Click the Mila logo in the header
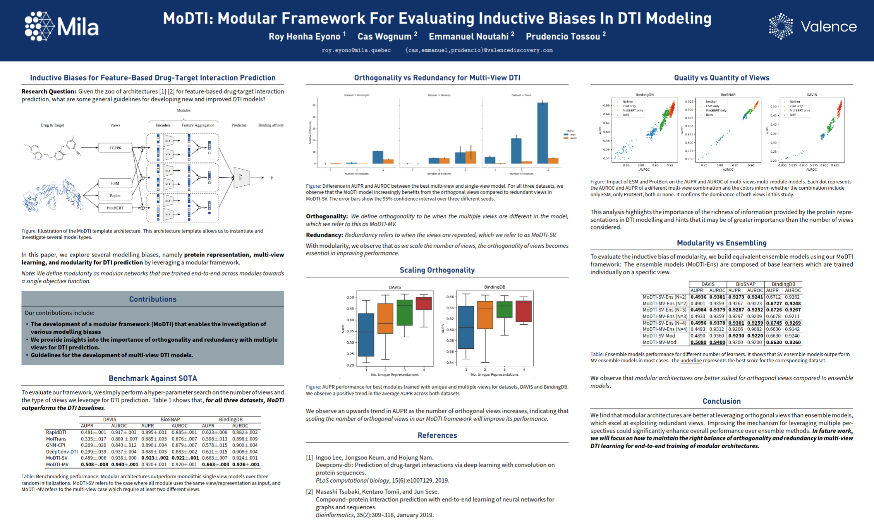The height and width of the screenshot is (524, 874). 62,26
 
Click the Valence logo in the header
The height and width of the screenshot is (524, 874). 812,26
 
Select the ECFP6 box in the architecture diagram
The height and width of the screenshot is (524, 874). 115,148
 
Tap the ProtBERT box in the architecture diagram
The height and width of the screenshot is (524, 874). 115,208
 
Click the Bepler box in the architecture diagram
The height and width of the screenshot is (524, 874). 115,195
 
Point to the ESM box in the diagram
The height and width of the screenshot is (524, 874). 115,183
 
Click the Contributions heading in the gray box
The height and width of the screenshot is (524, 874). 153,299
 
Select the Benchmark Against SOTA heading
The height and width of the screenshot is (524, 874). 153,378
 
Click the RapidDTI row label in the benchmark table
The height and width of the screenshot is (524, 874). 56,432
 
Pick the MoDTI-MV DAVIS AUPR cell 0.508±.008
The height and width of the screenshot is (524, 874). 94,464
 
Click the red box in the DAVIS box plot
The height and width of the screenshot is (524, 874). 424,303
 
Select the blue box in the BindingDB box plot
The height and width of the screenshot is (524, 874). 466,327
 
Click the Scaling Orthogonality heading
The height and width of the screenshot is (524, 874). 437,270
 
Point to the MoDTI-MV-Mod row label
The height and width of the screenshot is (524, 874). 659,342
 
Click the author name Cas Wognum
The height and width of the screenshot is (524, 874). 384,36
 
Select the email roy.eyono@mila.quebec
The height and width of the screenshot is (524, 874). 356,50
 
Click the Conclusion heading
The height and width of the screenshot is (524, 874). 721,401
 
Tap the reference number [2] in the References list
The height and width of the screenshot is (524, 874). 309,491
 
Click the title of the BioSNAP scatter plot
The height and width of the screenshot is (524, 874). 728,94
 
